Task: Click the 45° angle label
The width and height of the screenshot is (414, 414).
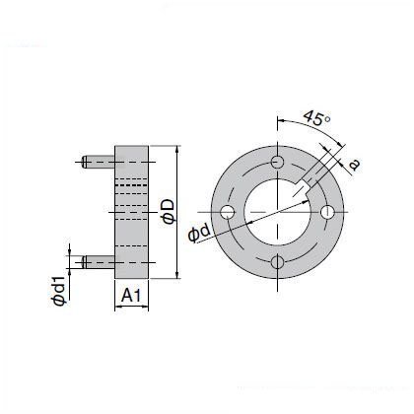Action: (x=316, y=118)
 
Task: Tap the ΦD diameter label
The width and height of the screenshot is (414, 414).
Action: (x=170, y=212)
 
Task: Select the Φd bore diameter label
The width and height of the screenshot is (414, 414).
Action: (x=199, y=233)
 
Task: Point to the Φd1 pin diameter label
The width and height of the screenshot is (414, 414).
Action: (x=59, y=292)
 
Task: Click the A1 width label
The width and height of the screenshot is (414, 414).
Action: (x=131, y=295)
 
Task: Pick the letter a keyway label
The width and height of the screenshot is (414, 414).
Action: (x=354, y=165)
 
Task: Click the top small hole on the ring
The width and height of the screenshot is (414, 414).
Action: (x=278, y=162)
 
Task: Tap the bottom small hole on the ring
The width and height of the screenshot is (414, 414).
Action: (x=278, y=262)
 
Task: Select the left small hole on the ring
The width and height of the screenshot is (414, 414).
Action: (x=228, y=212)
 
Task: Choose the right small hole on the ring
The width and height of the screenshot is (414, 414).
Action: (x=327, y=212)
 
